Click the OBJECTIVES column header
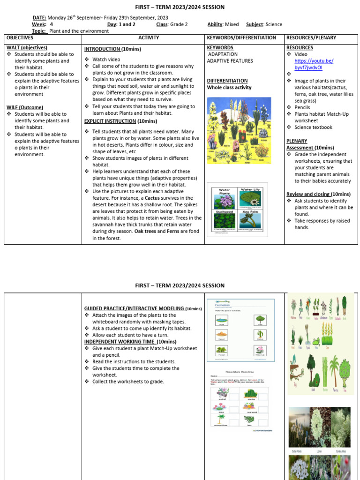pyautogui.click(x=20, y=37)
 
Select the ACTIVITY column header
pyautogui.click(x=149, y=37)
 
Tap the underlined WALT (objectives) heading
pyautogui.click(x=27, y=48)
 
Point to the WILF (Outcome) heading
pyautogui.click(x=25, y=107)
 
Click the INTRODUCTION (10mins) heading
pyautogui.click(x=112, y=49)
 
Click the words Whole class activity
pyautogui.click(x=229, y=87)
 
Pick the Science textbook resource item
pyautogui.click(x=313, y=127)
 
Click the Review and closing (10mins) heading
pyautogui.click(x=318, y=194)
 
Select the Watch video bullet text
pyautogui.click(x=106, y=60)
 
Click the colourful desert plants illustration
pyautogui.click(x=239, y=130)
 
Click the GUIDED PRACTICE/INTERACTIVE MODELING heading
pyautogui.click(x=134, y=308)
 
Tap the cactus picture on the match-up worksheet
pyautogui.click(x=259, y=334)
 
